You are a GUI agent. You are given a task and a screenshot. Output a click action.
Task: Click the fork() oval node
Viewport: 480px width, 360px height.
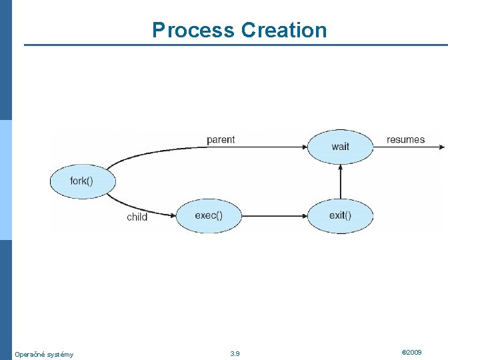[x=83, y=181]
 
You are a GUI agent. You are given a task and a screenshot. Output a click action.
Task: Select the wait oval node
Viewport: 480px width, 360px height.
[x=340, y=147]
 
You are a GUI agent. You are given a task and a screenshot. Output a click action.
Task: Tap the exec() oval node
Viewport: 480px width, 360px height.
[x=209, y=215]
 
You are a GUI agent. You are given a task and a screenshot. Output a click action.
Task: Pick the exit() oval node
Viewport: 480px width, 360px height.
[x=340, y=215]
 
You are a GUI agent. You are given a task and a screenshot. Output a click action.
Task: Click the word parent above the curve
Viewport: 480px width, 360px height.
[x=221, y=140]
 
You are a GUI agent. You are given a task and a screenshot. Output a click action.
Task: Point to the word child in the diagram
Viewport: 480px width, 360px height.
[x=137, y=217]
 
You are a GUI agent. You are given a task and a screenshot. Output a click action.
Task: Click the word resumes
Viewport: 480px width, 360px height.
[x=405, y=140]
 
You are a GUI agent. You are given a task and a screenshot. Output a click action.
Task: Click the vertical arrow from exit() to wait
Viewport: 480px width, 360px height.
[x=340, y=181]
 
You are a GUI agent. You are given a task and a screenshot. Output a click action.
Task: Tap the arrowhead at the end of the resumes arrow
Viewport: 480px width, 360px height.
[x=440, y=147]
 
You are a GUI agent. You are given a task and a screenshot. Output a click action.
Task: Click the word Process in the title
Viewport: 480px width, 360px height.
[x=193, y=30]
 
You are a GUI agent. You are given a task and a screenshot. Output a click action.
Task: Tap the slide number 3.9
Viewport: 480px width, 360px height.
[x=235, y=353]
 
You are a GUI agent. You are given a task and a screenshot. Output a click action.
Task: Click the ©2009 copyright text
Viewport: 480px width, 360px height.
[x=411, y=352]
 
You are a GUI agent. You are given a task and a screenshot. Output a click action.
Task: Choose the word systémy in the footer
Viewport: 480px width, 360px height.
[x=62, y=354]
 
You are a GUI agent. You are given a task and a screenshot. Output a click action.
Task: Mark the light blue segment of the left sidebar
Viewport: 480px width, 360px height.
[x=5, y=180]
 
